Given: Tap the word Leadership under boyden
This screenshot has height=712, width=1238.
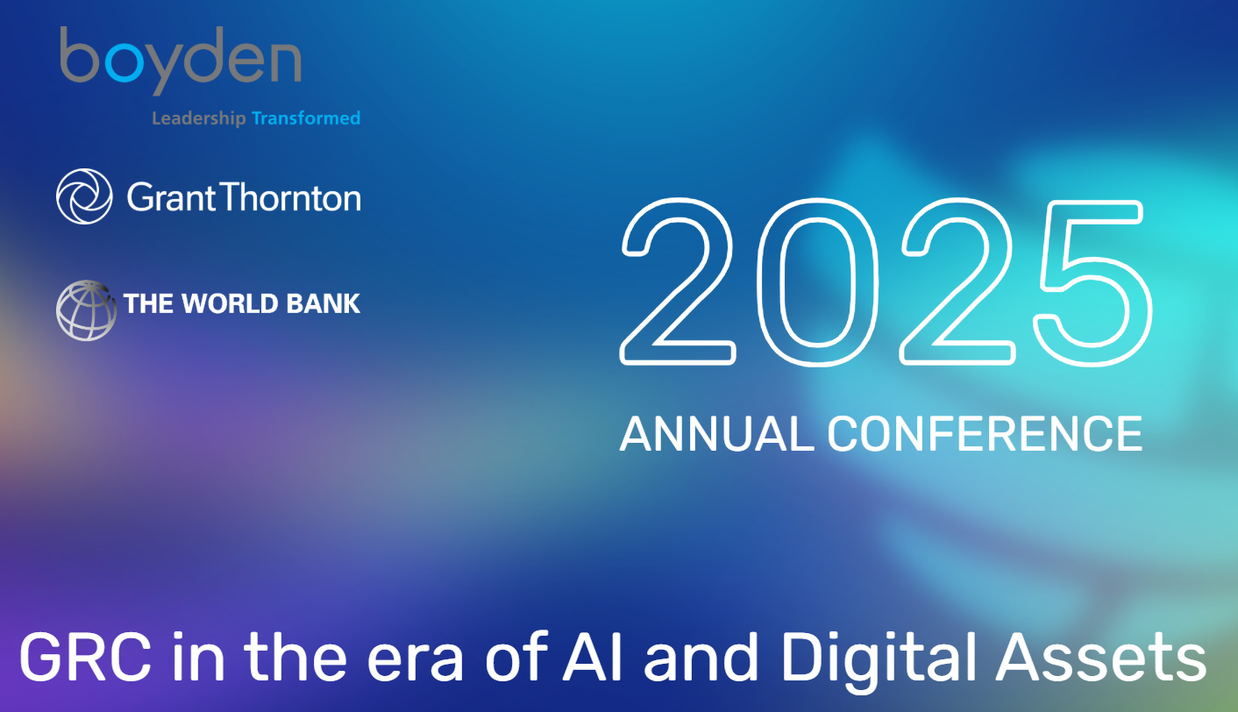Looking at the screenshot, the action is pos(199,118).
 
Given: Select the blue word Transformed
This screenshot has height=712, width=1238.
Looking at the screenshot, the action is pos(306,117).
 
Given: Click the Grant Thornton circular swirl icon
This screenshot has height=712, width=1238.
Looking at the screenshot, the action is pos(84,196).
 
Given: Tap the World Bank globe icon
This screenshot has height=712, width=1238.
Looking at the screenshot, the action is pos(86,310).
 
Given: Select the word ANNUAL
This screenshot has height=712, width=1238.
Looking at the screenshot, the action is pos(717,434).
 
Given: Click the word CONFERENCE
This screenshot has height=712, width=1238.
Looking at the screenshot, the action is pos(985,434).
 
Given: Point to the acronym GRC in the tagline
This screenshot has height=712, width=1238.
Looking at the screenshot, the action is pos(86,658).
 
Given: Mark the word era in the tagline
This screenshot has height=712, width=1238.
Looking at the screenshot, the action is pos(415,664).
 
